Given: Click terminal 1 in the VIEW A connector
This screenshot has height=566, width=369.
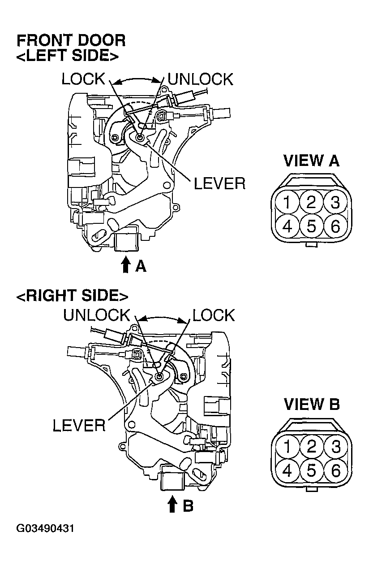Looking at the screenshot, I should point(287,203).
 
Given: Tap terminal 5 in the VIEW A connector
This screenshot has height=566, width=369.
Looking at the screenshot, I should point(311,226).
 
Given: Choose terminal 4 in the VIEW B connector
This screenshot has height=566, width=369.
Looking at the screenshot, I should point(287,470).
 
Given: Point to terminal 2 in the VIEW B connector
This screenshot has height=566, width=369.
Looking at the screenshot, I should point(311,447).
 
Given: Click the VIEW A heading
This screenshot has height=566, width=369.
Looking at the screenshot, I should point(312,161).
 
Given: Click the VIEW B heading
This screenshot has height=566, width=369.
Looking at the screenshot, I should point(312,405).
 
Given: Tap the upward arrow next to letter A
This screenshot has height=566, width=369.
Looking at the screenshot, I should point(126,265).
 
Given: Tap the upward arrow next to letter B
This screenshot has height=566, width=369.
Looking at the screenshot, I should point(172,504).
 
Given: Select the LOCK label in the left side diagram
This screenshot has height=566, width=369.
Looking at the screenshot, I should point(83,79).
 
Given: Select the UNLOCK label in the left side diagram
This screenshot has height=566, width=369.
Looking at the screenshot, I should point(200,79).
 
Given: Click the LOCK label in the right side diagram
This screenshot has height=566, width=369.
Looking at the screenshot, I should point(213,315).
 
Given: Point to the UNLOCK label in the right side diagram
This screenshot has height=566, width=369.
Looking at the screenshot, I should point(96,315).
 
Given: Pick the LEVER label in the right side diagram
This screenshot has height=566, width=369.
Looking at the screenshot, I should point(79,425).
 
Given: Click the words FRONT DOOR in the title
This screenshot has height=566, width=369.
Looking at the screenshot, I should point(71,41).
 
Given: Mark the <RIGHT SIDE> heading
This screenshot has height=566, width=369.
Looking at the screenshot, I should point(72,296).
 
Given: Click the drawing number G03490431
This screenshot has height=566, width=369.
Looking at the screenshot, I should point(45,528).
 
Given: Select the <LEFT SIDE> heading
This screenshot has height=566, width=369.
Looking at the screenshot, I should point(68,56).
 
